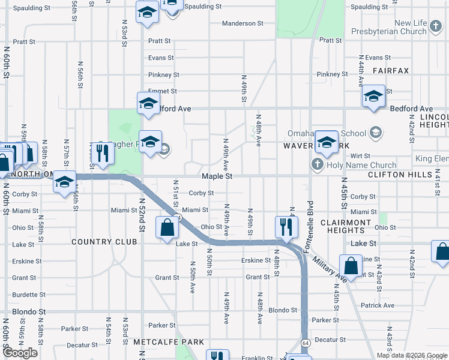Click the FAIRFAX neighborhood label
click(x=390, y=71)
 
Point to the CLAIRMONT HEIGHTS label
click(x=346, y=226)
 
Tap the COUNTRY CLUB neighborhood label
click(x=104, y=242)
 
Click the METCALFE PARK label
click(x=169, y=341)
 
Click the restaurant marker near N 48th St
click(x=286, y=226)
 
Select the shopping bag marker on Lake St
click(x=167, y=227)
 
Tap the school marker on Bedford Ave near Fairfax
click(x=373, y=96)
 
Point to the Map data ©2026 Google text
click(x=411, y=355)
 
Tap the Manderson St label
click(x=243, y=23)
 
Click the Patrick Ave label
click(x=378, y=305)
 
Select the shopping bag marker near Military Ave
click(x=351, y=265)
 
